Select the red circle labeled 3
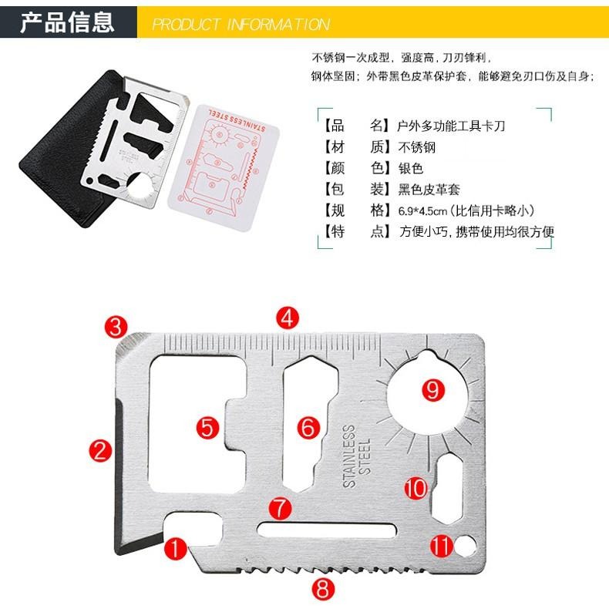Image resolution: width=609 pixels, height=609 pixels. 116,326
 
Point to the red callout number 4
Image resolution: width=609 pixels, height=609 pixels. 288,318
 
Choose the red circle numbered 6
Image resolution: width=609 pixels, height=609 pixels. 308,426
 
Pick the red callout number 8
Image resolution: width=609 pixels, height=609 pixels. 324,590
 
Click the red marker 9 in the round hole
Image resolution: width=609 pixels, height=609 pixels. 433,389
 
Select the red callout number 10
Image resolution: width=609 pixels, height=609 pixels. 416,487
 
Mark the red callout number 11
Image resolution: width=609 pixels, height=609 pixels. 442,547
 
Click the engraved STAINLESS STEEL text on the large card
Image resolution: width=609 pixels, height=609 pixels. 355,455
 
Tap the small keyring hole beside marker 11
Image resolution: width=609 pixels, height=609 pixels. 465,547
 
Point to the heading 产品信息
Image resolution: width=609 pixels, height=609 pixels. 67,22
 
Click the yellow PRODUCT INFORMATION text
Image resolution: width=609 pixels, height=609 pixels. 241,25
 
